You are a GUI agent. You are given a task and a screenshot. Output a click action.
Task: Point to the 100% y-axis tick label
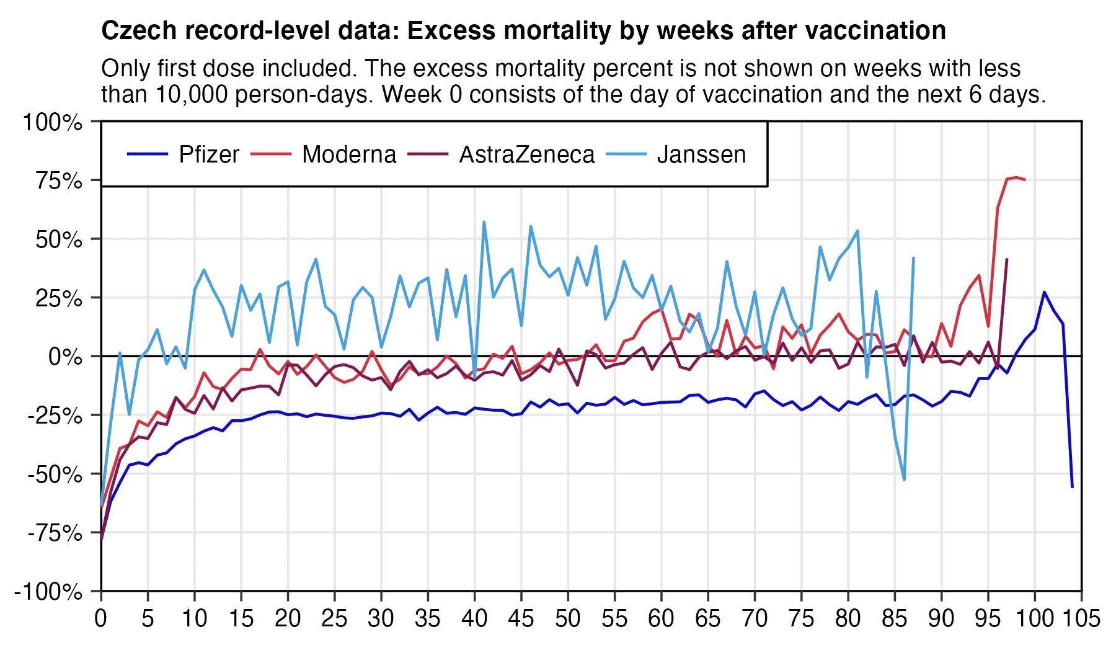click(x=53, y=122)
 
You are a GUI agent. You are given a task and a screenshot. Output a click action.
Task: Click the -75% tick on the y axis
click(x=55, y=533)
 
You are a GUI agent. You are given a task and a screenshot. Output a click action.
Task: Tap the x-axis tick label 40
click(x=474, y=619)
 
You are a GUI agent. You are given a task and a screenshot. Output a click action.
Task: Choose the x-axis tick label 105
click(x=1081, y=619)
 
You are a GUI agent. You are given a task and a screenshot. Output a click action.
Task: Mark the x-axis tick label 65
click(x=708, y=619)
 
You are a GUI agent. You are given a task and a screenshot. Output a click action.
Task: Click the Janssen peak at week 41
click(x=484, y=222)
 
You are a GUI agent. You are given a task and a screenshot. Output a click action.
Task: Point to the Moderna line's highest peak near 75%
click(x=1016, y=177)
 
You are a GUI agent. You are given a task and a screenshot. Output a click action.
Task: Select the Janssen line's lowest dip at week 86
click(x=904, y=479)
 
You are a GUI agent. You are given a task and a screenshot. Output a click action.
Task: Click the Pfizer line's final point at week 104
click(x=1072, y=487)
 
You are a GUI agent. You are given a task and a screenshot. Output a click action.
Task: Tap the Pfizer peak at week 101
click(x=1044, y=292)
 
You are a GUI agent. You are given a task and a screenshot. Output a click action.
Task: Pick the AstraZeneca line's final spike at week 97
click(x=1007, y=259)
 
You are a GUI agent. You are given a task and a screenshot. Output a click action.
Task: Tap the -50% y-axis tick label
click(x=55, y=475)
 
